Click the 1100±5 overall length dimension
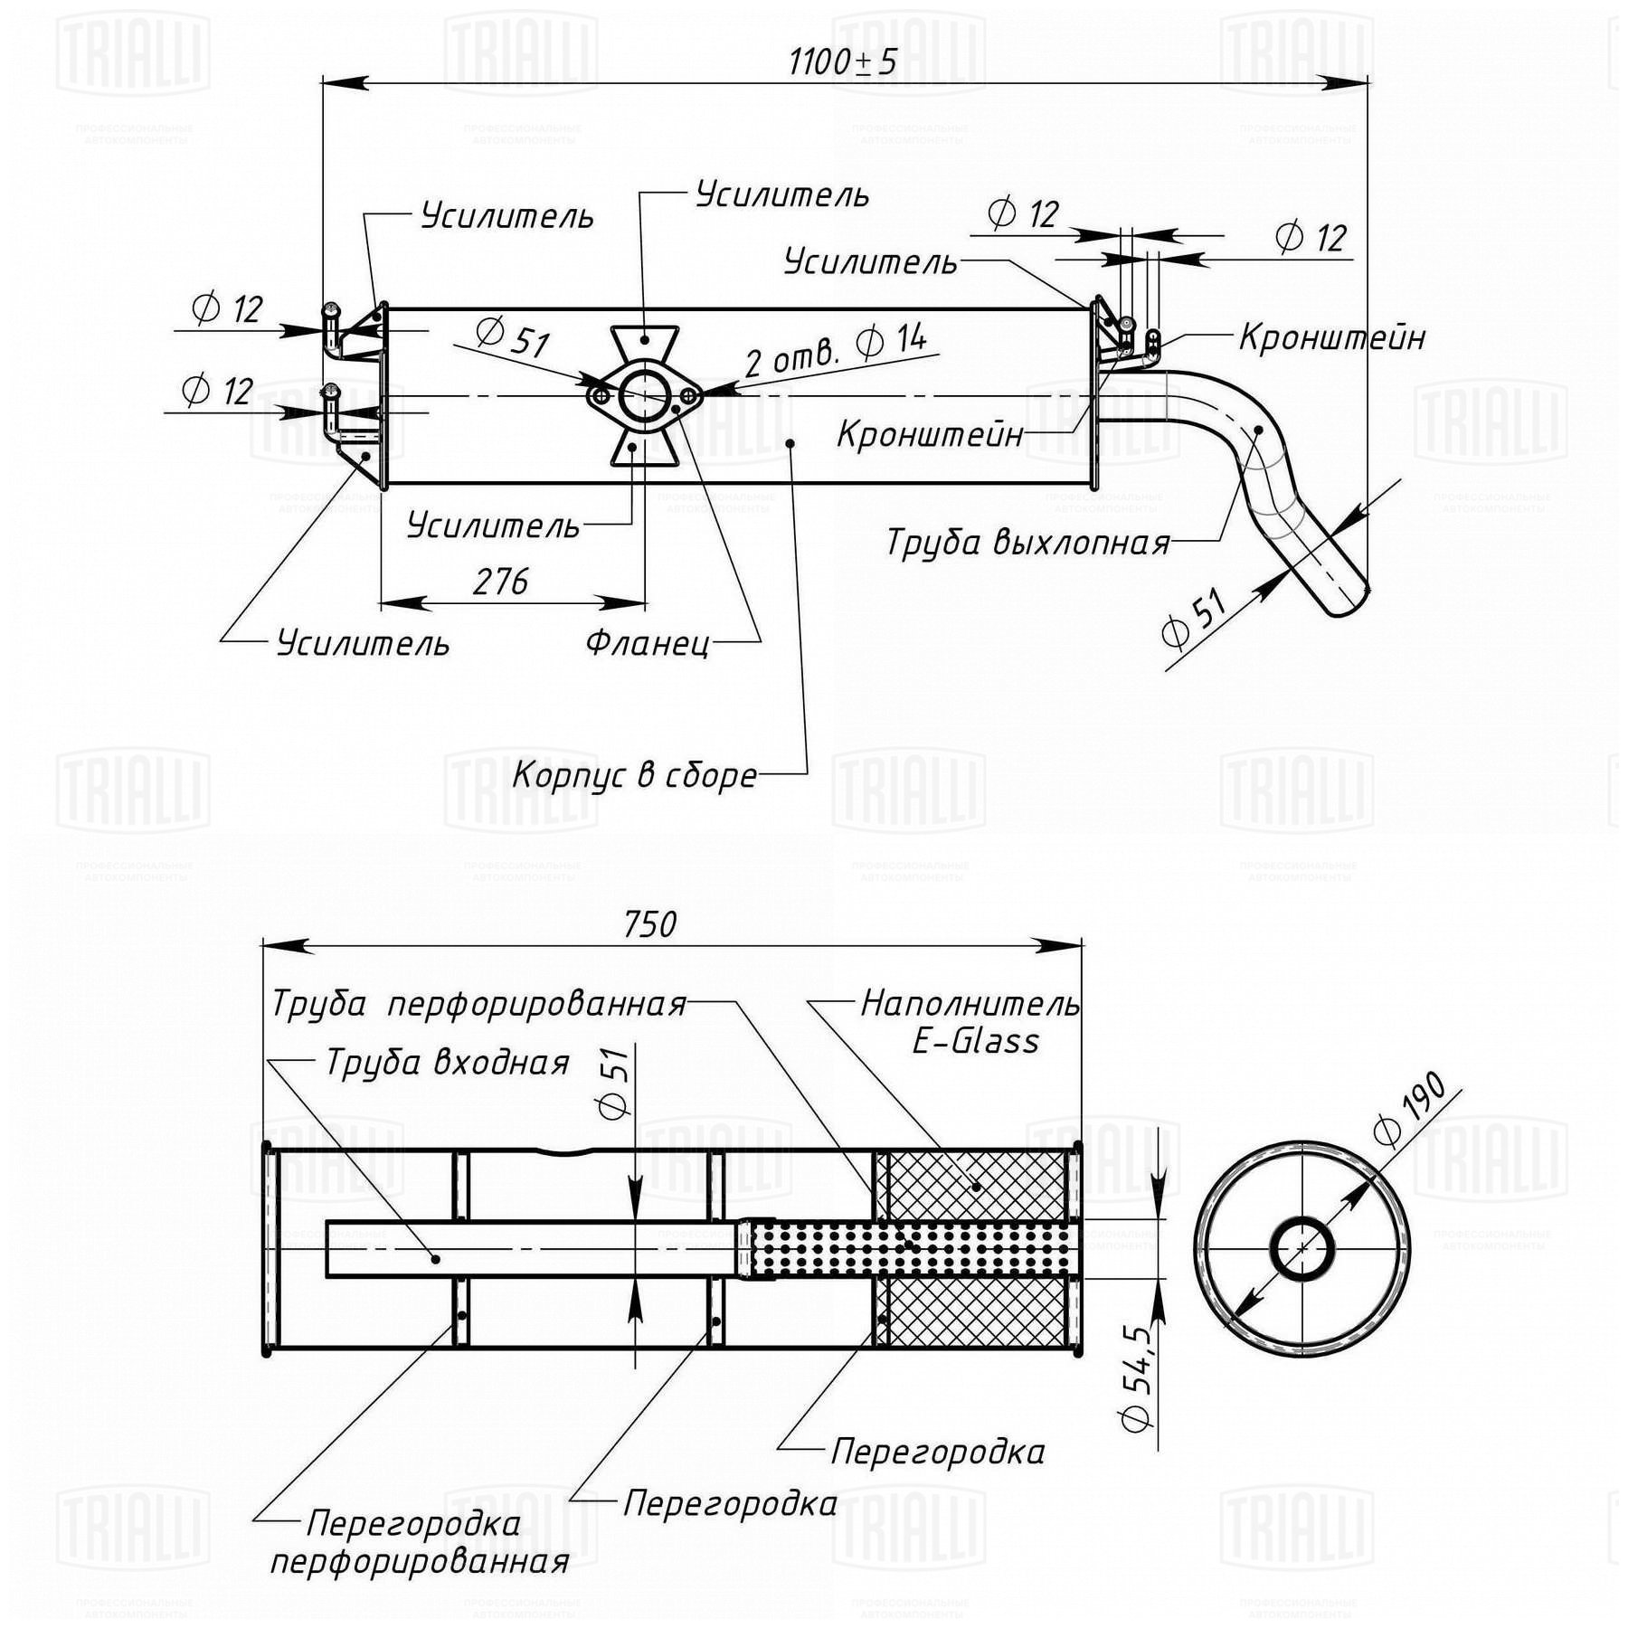coord(842,62)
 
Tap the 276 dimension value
coord(500,582)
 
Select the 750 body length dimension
coord(650,923)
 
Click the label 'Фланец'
coord(648,643)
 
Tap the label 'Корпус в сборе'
coord(635,775)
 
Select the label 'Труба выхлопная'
coord(1027,543)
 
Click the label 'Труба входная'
coord(448,1063)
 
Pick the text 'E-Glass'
coord(975,1041)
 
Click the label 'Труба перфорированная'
coord(478,1005)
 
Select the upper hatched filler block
coord(976,1186)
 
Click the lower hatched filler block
coord(976,1312)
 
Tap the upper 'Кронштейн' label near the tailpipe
coord(1332,337)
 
